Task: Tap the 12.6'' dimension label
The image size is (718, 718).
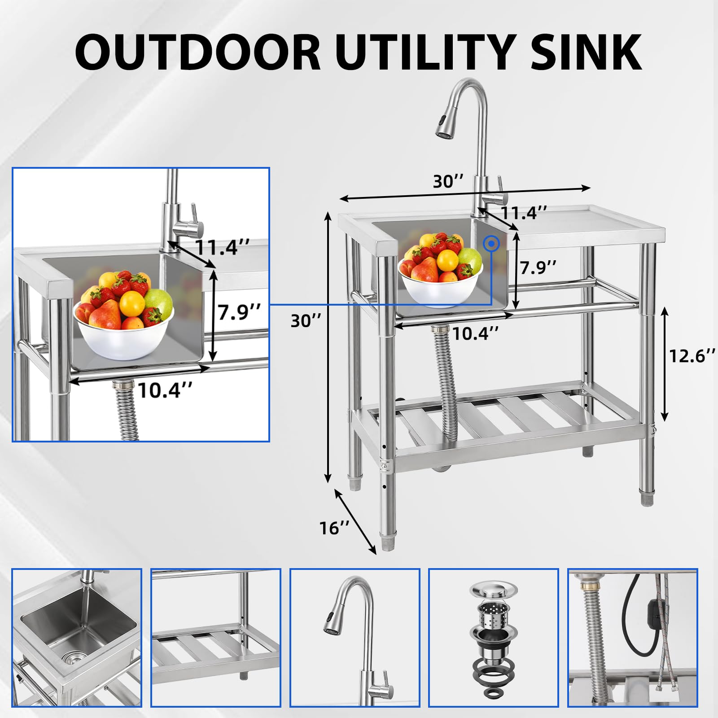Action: (692, 356)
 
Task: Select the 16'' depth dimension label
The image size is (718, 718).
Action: (334, 528)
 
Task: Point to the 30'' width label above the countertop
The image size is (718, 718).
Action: (448, 181)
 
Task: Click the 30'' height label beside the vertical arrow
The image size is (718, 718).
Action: (306, 321)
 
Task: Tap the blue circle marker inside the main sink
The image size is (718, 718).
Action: (492, 244)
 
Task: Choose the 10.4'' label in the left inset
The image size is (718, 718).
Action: (165, 390)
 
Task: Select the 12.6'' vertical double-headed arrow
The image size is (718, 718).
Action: (665, 363)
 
